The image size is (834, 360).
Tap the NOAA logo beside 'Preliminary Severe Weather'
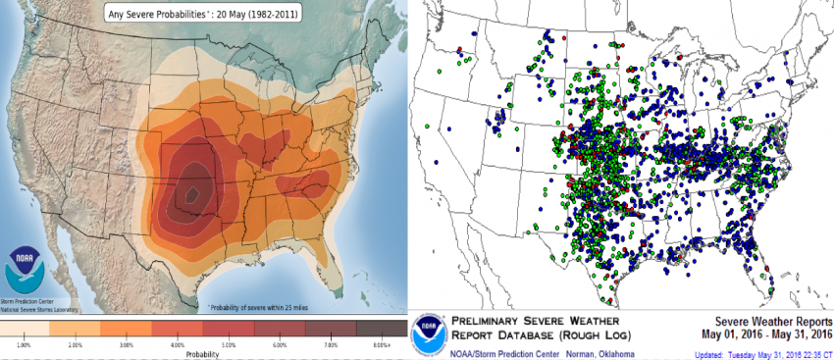tap(430, 334)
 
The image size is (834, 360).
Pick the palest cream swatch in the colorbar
tap(24, 329)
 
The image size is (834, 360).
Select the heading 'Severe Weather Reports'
tap(772, 321)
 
